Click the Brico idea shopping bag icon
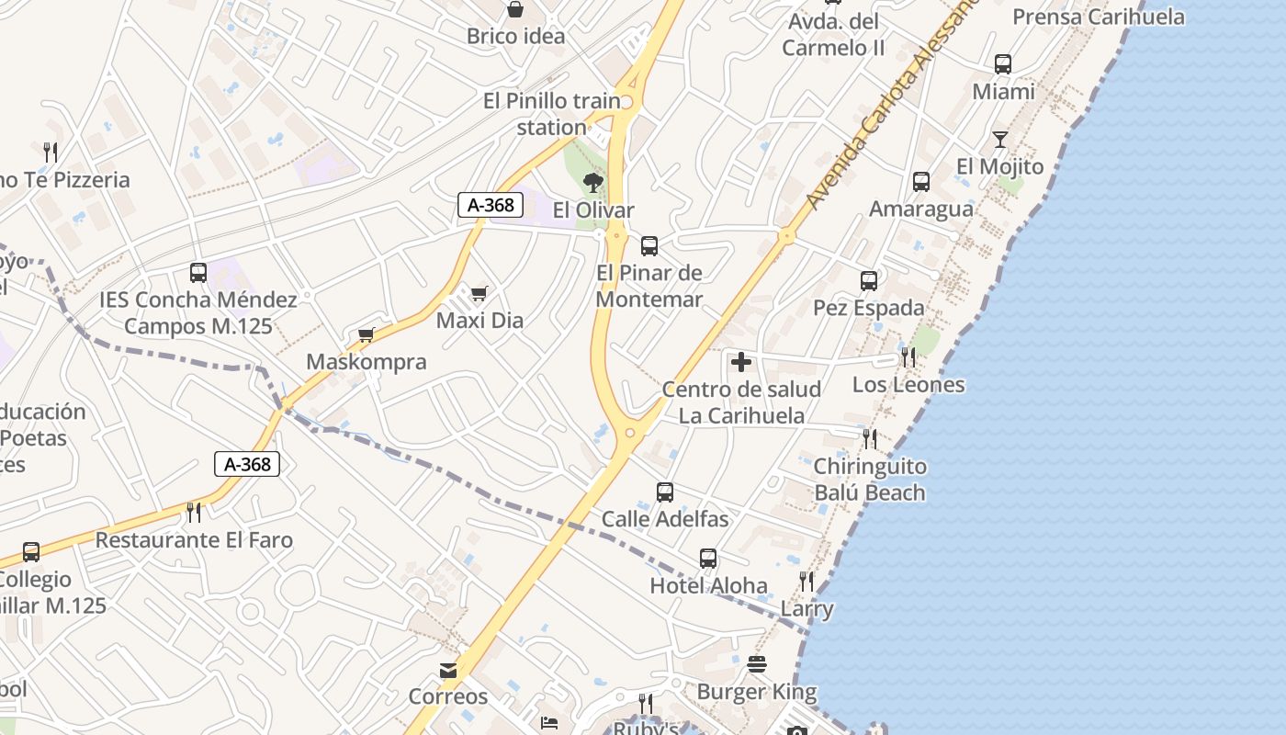click(515, 10)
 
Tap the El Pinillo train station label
click(551, 114)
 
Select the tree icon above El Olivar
click(593, 183)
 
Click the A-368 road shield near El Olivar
click(491, 205)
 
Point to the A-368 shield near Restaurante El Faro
click(247, 464)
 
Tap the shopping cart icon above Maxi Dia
click(479, 294)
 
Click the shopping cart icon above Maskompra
click(367, 334)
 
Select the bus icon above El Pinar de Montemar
click(649, 245)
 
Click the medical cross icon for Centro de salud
click(741, 362)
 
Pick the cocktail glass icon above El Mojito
click(1000, 140)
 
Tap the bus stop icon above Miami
click(1003, 64)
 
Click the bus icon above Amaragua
click(921, 182)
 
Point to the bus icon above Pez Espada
click(869, 281)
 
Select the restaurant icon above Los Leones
click(908, 357)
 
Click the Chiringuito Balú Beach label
click(870, 480)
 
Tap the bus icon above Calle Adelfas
click(665, 492)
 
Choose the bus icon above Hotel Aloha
click(708, 559)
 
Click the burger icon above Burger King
click(757, 664)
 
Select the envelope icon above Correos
click(448, 671)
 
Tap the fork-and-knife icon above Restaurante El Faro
click(194, 512)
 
